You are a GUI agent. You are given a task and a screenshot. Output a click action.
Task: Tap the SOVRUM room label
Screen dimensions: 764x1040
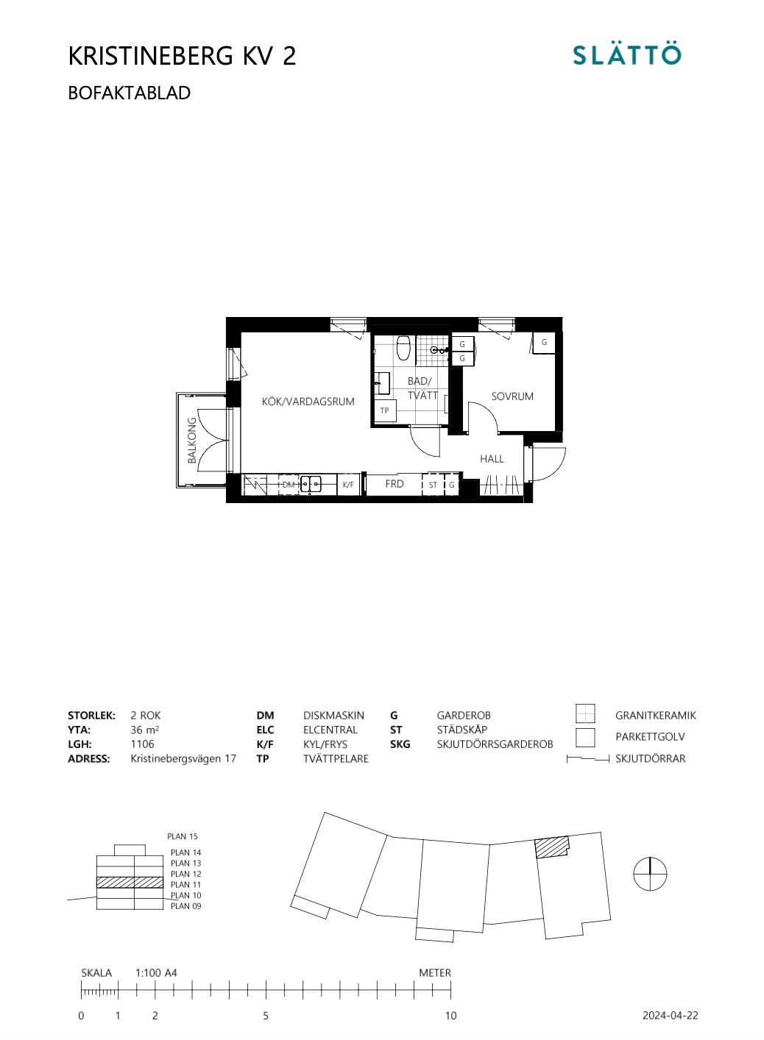[512, 396]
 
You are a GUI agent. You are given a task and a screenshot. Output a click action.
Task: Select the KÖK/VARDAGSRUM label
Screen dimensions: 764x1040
[308, 402]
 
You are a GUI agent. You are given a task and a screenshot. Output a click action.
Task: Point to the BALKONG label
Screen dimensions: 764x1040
[191, 440]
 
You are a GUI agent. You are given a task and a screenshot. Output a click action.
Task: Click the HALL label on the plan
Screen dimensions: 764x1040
[492, 459]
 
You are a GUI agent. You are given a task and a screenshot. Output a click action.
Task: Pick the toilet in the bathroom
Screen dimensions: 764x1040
[403, 348]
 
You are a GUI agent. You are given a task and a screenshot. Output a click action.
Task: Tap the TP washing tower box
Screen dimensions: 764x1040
[385, 410]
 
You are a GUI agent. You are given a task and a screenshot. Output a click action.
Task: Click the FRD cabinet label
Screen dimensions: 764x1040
[394, 484]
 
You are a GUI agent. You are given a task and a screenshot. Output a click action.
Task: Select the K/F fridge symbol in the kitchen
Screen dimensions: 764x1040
[348, 485]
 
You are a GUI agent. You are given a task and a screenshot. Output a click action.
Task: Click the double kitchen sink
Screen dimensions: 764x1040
[311, 484]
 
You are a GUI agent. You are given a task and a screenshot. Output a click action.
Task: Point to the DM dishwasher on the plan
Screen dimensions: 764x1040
[289, 485]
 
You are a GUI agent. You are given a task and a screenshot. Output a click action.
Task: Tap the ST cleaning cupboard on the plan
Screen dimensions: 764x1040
[433, 485]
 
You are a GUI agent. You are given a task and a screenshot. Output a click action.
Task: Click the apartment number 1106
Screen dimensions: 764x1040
[142, 744]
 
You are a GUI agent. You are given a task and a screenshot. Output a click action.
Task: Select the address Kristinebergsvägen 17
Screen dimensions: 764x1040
[183, 758]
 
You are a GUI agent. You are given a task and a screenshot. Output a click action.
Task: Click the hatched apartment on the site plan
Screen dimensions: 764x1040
[551, 847]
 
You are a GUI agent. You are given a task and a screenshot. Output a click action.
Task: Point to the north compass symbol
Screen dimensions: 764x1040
[650, 874]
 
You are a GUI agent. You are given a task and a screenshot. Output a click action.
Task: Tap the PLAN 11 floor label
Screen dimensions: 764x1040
[186, 885]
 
